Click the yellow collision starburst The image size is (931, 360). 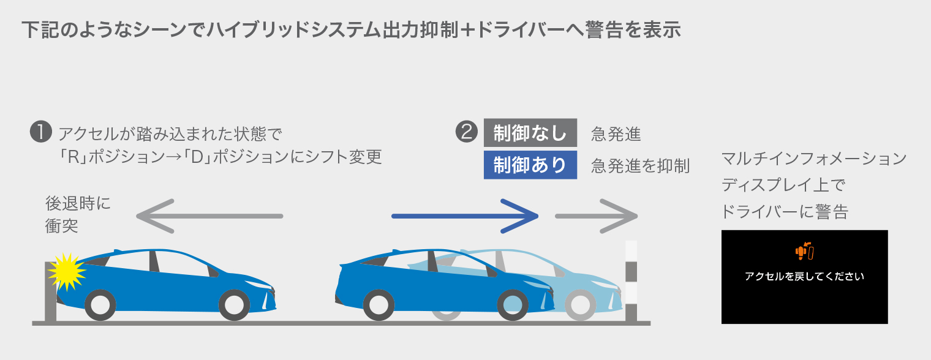66,271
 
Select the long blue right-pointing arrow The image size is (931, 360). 464,216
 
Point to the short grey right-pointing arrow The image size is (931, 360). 596,216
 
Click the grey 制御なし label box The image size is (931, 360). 530,133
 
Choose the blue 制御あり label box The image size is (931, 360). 530,165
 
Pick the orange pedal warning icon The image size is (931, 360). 804,250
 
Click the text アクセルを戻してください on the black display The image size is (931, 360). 804,276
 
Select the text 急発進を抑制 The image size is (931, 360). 640,166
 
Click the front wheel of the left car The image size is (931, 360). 233,304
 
